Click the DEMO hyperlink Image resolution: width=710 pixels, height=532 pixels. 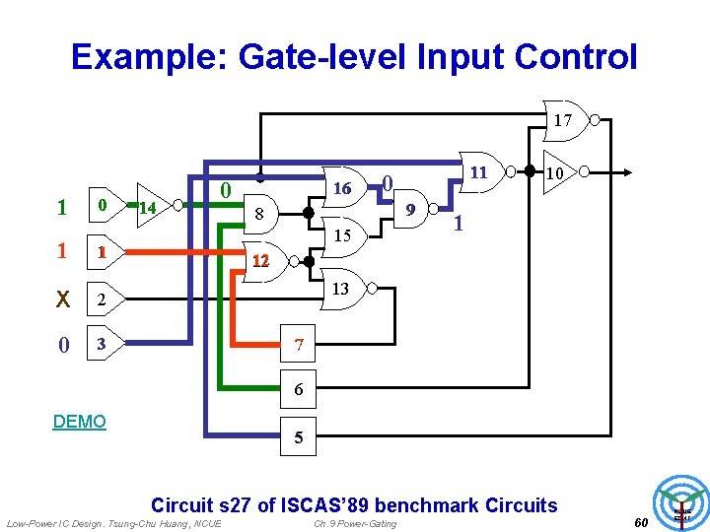pos(79,422)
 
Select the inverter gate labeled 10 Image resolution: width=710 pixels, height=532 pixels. pos(558,173)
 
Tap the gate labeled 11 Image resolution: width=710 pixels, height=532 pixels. pos(478,171)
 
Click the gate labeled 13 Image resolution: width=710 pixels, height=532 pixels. pos(340,289)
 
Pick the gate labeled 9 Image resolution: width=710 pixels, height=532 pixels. pos(410,210)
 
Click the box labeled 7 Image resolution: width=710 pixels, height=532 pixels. pos(299,346)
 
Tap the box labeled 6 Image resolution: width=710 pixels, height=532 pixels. pos(299,390)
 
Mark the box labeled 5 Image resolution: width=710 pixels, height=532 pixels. pos(299,438)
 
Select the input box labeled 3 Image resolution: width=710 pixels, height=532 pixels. pos(101,344)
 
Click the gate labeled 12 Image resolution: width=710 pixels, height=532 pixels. pos(260,261)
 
